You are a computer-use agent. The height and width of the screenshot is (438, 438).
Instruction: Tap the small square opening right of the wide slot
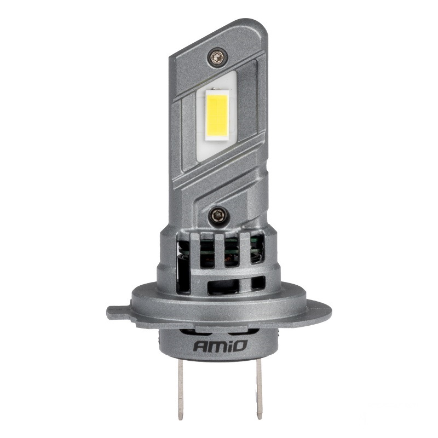[x=257, y=283]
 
